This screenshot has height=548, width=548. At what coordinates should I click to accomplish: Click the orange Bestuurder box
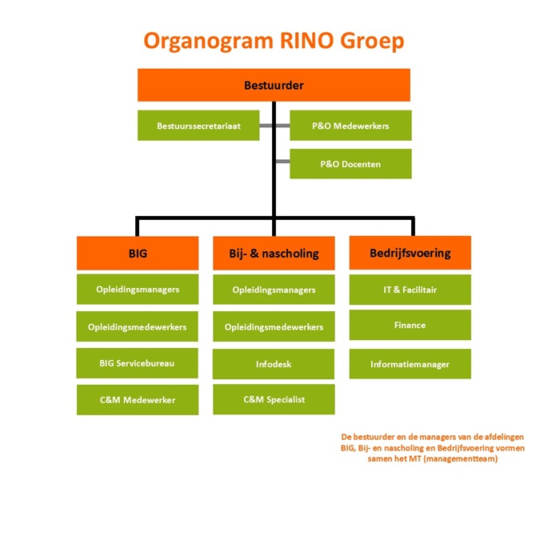click(274, 85)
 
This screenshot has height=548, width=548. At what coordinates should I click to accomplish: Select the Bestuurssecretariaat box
click(198, 126)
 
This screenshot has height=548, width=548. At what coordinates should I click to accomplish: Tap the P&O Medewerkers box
click(350, 126)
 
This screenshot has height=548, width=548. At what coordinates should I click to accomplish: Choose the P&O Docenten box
click(350, 164)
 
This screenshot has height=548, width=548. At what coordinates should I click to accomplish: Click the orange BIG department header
click(138, 253)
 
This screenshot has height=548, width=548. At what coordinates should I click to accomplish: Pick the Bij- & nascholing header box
click(274, 253)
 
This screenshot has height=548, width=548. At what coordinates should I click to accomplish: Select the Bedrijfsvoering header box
click(410, 253)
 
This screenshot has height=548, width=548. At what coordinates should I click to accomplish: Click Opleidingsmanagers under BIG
click(138, 289)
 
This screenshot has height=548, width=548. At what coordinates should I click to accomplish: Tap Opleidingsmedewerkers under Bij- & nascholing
click(274, 327)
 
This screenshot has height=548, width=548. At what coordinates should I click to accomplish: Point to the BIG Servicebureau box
click(138, 362)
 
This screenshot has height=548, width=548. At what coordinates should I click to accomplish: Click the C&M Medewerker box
click(138, 399)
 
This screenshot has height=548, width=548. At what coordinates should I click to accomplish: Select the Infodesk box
click(274, 364)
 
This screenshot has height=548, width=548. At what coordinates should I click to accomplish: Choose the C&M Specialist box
click(274, 399)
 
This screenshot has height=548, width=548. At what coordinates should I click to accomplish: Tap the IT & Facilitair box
click(410, 289)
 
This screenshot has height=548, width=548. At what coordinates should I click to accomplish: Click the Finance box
click(410, 325)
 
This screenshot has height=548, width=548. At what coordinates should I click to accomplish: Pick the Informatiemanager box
click(410, 364)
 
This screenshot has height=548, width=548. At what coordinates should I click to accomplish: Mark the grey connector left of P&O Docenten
click(281, 164)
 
